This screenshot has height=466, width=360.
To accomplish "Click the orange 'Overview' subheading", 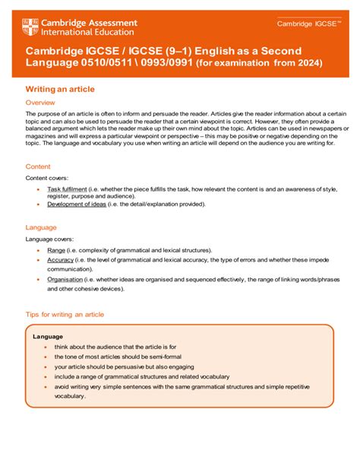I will click(40, 102).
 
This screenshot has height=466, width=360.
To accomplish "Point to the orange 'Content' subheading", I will click(38, 166).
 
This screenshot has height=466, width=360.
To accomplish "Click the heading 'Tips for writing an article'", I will click(65, 314).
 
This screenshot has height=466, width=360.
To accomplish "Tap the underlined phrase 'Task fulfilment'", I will click(65, 188).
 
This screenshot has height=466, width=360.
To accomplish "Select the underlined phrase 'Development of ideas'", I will click(75, 204).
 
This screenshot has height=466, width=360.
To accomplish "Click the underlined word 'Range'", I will click(56, 249).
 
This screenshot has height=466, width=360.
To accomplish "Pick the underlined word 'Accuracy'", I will click(60, 259).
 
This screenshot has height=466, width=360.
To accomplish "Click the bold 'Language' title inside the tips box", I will click(48, 335).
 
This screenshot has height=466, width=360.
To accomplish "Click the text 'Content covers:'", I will click(46, 177).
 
